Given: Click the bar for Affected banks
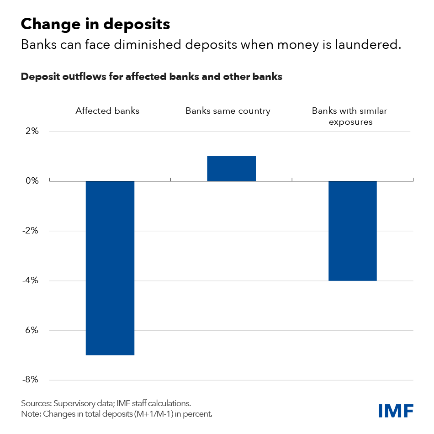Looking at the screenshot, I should pos(110,268).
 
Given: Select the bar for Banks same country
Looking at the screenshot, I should pos(231,169).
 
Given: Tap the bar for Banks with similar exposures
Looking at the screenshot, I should pos(352,231).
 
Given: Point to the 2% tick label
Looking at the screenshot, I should pos(32,132).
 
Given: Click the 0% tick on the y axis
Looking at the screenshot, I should pos(32,181).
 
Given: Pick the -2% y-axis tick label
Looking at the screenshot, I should pos(30,231).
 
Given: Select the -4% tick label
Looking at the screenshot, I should pos(30,281).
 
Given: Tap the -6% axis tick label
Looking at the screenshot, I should pos(30,330).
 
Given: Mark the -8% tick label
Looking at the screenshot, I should pos(30,380).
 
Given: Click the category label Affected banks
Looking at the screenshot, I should pos(107,111).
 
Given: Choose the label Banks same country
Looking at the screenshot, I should pos(228,111).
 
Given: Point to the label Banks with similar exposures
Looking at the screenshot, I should pos(349,116).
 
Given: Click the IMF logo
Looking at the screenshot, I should pos(396,410).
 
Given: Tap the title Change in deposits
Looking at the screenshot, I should pos(95,24).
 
